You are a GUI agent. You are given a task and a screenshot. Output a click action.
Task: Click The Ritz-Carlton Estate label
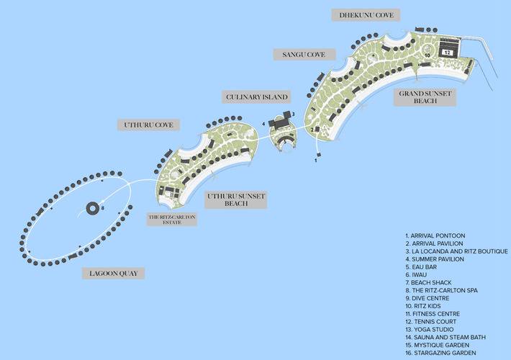[x=172, y=220]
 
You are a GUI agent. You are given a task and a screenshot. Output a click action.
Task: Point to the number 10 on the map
[x=428, y=55]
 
